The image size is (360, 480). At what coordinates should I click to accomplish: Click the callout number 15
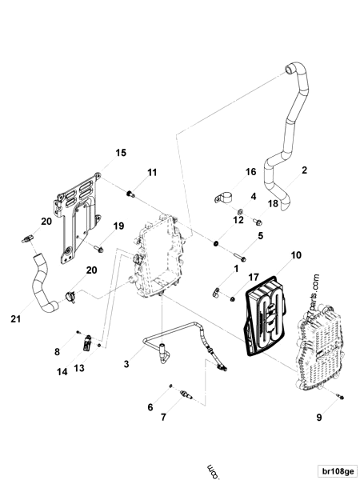pyautogui.click(x=121, y=152)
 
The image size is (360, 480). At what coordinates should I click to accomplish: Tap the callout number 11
pyautogui.click(x=152, y=173)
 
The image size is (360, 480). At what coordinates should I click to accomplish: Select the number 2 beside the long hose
pyautogui.click(x=304, y=170)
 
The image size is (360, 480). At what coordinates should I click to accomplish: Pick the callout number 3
pyautogui.click(x=125, y=364)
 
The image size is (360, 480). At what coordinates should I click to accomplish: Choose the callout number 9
pyautogui.click(x=318, y=415)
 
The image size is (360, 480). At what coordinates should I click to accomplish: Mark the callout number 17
pyautogui.click(x=254, y=278)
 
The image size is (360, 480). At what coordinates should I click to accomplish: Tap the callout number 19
pyautogui.click(x=118, y=226)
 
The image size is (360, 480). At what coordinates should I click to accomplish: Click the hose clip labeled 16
pyautogui.click(x=225, y=195)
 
